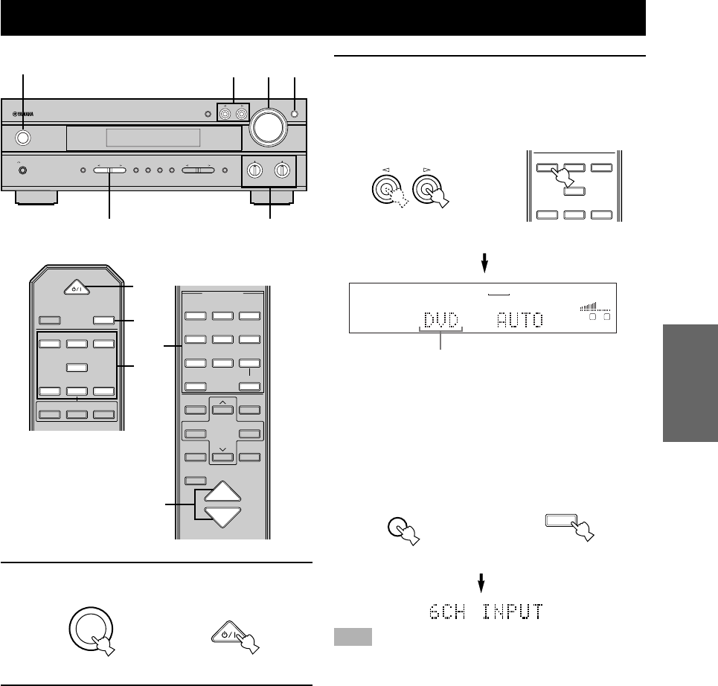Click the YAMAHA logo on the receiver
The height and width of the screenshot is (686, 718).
[24, 115]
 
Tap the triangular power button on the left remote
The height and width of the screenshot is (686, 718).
[75, 286]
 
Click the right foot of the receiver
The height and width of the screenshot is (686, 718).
[271, 197]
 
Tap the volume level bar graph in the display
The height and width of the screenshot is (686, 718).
[594, 307]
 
